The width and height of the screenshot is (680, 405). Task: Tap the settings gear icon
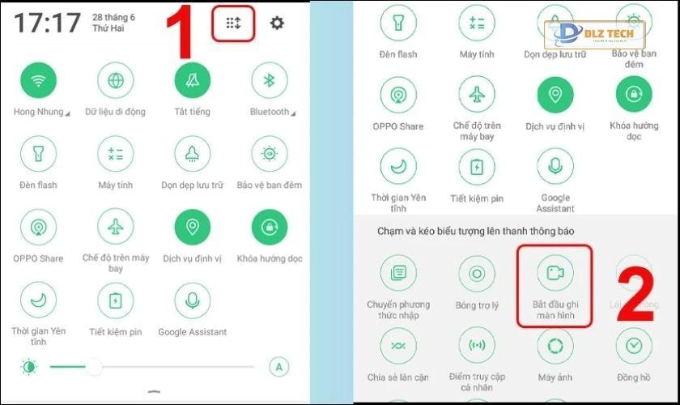point(277,23)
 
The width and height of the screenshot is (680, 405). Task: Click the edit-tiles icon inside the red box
point(233,23)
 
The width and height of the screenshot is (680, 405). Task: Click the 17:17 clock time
point(47,23)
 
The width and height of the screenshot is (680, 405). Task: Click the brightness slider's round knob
point(95,367)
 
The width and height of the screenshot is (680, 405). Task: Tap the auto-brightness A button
point(278,367)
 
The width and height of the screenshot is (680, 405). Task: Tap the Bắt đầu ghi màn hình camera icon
point(555,273)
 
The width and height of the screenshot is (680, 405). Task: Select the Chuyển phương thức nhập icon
point(398,273)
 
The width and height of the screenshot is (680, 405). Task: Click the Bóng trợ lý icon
point(476,273)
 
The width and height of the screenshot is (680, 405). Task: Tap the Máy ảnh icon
point(555,347)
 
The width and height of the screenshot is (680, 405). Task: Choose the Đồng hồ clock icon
point(633,347)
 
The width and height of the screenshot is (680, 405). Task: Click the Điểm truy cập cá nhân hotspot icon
point(476,347)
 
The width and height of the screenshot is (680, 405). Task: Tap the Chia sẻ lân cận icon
point(398,347)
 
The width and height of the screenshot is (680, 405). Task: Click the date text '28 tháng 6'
point(113,16)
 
